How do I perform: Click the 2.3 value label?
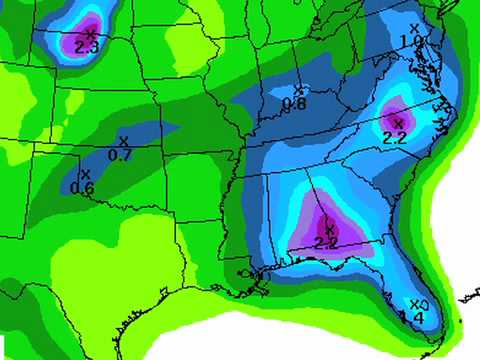86,46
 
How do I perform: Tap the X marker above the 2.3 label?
90,33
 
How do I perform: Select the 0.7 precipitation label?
119,154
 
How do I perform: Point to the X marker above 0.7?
123,141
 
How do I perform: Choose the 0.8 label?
293,104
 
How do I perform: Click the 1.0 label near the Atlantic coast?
410,41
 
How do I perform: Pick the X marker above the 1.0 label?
415,28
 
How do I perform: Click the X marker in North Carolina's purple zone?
398,123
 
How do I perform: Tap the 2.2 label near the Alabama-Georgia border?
325,243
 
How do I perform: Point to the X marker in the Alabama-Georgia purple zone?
330,230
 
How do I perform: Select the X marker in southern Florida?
414,304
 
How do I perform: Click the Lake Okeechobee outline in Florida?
424,304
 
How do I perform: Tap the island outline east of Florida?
466,298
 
